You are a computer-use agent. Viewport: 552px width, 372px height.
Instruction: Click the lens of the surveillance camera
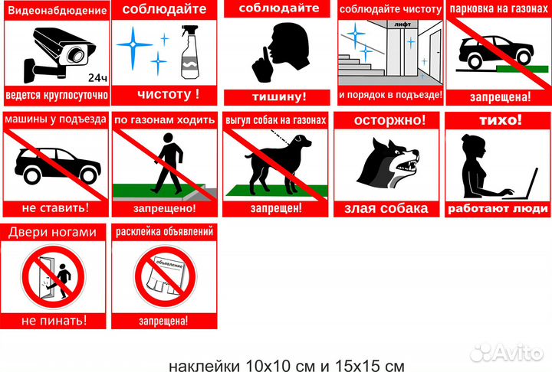pos(75,55)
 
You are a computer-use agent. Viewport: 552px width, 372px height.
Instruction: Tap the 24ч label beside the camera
pos(97,78)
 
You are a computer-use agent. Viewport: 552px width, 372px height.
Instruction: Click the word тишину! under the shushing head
pos(279,97)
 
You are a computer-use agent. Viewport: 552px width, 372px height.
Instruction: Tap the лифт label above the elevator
pos(402,24)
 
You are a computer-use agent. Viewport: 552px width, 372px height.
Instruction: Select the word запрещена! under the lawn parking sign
pos(500,97)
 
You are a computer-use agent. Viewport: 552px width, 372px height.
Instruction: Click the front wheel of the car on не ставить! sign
pos(88,175)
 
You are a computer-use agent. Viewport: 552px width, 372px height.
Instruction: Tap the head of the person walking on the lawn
pos(168,138)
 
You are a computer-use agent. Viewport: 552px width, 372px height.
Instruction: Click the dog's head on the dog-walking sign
pos(302,142)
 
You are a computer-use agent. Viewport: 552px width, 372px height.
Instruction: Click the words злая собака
pos(386,208)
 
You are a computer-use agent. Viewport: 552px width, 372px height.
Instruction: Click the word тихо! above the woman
pos(500,120)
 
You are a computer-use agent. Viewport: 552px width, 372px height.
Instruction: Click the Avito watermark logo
pos(507,352)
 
